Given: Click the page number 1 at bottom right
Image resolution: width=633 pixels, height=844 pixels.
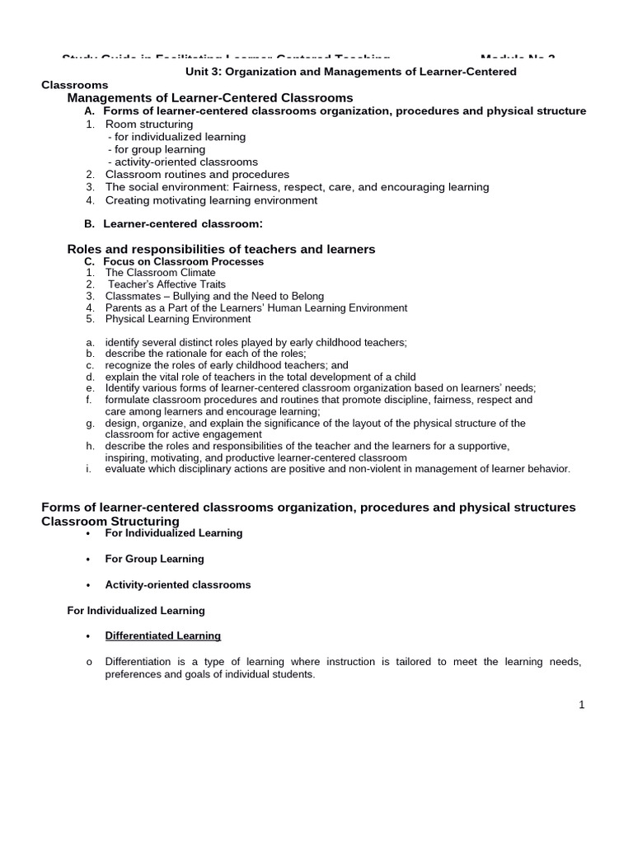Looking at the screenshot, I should (581, 705).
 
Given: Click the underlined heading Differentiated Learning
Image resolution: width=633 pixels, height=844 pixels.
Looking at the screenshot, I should (162, 635).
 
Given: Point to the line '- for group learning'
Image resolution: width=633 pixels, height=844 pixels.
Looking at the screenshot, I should (156, 149).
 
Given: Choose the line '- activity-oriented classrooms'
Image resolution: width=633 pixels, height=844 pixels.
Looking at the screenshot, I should (182, 162).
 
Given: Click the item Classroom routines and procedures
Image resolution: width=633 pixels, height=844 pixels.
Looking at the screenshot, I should (197, 175).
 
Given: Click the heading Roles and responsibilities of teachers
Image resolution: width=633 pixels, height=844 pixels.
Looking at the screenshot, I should (220, 249).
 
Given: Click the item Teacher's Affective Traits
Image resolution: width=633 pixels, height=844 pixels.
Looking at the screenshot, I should (166, 284).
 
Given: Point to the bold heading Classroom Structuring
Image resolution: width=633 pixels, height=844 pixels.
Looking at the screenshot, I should (110, 521).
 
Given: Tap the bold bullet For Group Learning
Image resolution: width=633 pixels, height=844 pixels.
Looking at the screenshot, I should (154, 559).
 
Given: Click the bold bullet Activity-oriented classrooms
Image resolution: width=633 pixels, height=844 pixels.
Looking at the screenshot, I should (177, 584).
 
